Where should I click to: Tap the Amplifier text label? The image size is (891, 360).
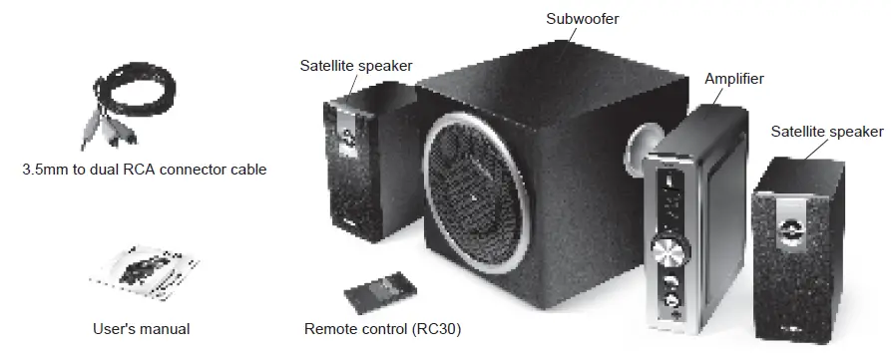[733, 78]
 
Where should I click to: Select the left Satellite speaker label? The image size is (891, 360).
[355, 66]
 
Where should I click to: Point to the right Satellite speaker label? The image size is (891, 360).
[827, 132]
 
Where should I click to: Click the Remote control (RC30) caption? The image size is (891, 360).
[382, 328]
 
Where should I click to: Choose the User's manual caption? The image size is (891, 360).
[141, 328]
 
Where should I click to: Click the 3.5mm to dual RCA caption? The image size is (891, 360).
[144, 170]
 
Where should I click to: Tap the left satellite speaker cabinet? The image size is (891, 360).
[367, 165]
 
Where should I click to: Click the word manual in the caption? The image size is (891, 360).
[164, 328]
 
